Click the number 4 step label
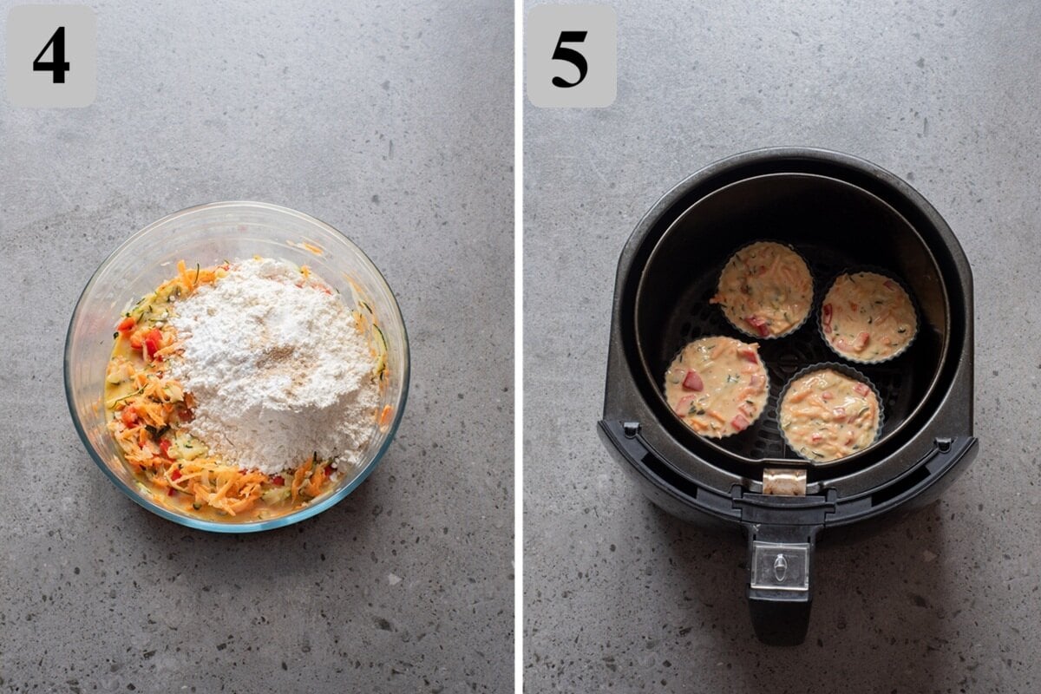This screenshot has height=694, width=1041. click(50, 56)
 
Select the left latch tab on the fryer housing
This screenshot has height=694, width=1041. click(631, 429)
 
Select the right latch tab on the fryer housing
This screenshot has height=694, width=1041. click(943, 444)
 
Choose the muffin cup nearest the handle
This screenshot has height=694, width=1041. click(829, 413)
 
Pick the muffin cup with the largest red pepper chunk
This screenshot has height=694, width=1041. click(717, 387)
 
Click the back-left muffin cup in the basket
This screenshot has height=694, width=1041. click(765, 289)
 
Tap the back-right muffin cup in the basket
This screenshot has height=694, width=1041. click(867, 316)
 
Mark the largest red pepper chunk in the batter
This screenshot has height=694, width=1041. click(692, 380)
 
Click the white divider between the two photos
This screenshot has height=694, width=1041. click(518, 347)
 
